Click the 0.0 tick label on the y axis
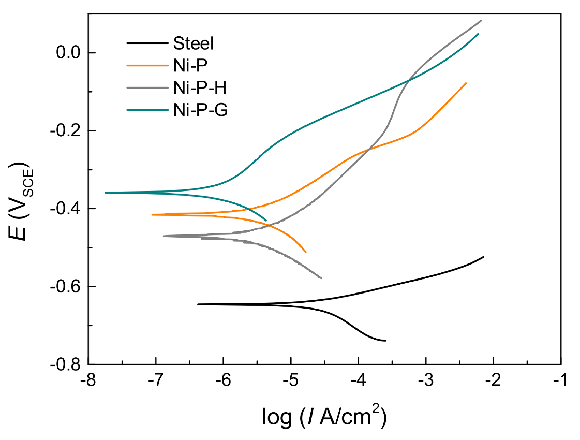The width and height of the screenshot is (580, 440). click(68, 53)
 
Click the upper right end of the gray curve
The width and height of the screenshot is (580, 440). click(481, 21)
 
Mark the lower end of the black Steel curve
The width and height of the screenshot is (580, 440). click(385, 340)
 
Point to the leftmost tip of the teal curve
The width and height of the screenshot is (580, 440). click(106, 193)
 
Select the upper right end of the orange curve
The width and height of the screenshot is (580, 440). click(466, 83)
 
